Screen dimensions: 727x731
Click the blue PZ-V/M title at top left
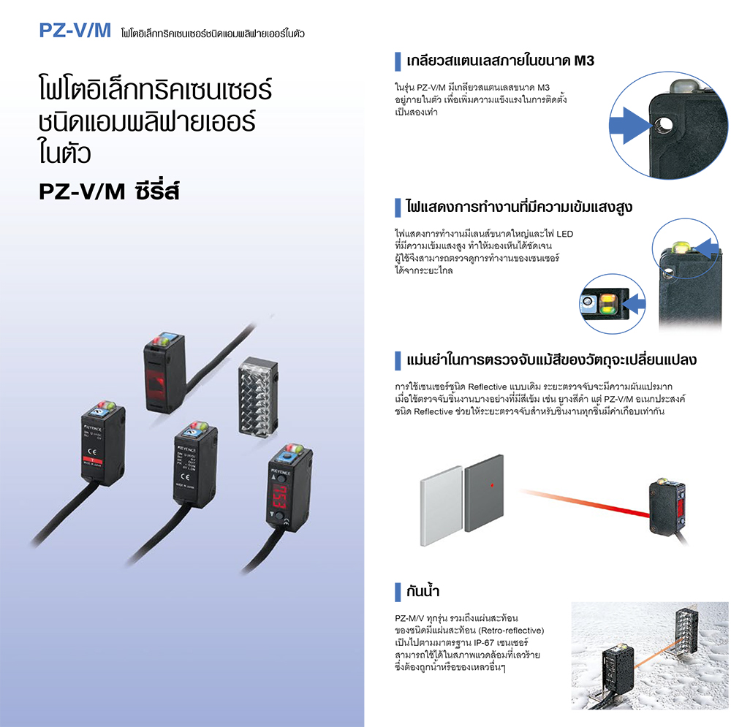coord(75,31)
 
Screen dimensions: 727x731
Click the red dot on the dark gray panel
coord(493,485)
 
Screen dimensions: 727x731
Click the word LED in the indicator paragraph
coord(564,234)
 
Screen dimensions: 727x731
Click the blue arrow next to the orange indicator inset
coord(634,300)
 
